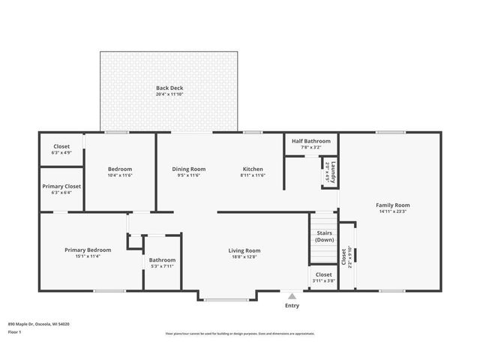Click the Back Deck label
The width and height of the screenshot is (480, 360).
[x=169, y=88]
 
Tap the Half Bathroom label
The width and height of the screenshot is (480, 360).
[x=310, y=140]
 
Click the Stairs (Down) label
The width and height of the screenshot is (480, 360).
[x=325, y=236]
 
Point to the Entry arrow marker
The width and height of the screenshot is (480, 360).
[x=292, y=296]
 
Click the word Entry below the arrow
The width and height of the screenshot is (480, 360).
[x=292, y=305]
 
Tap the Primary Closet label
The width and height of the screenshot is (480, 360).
[x=61, y=186]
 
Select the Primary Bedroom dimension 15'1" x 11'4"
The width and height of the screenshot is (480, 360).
[x=88, y=256]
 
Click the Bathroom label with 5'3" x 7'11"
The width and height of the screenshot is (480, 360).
[x=161, y=259]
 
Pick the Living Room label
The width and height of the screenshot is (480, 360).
[x=244, y=250]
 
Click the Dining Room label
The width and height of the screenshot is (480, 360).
[x=189, y=169]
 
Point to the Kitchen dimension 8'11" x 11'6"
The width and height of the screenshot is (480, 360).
[x=253, y=175]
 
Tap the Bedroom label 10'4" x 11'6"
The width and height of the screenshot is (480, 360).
[x=120, y=169]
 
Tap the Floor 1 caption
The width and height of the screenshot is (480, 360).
[x=15, y=331]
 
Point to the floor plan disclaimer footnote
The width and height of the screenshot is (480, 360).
[x=240, y=334]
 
